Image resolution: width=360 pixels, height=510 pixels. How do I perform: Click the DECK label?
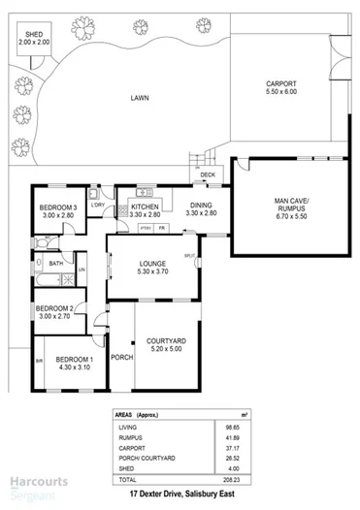coord(208,175)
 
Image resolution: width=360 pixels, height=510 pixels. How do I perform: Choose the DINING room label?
coord(201,205)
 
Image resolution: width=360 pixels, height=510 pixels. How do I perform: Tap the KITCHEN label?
coord(146,207)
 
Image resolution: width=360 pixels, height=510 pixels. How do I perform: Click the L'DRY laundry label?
coord(97,206)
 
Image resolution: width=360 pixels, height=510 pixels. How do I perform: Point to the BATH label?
coord(56,263)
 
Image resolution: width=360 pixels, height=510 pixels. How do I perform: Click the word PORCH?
coord(121,356)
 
